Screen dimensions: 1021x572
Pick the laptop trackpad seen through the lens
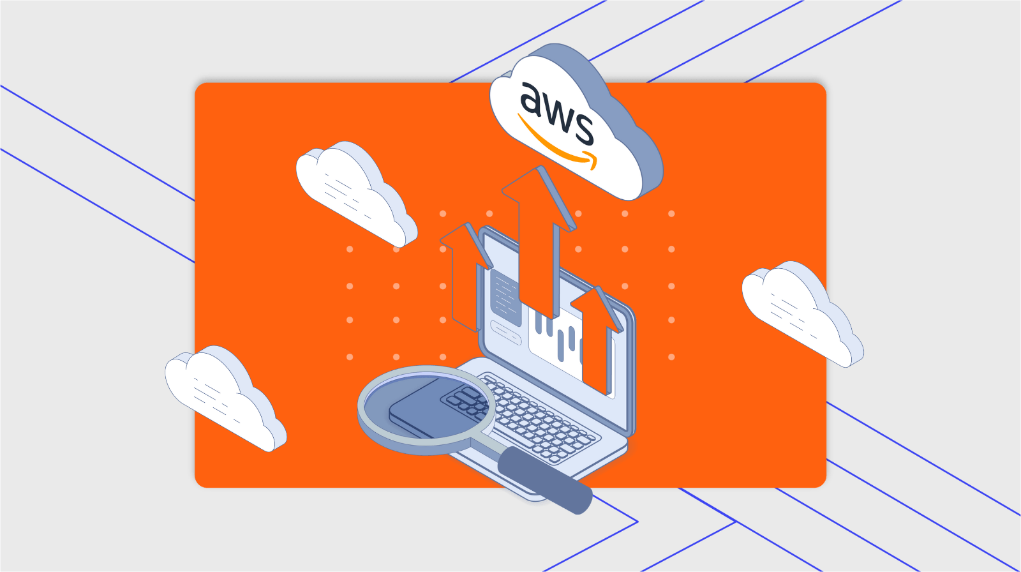point(421,412)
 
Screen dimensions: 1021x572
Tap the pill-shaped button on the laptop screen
point(505,332)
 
